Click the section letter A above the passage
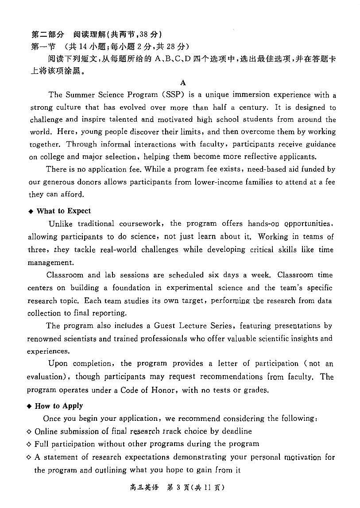click(x=183, y=83)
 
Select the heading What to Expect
click(x=64, y=211)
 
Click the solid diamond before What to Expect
click(x=31, y=212)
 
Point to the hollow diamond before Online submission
click(x=29, y=431)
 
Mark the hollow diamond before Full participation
click(x=29, y=444)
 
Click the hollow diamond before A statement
click(x=29, y=457)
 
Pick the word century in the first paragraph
click(x=253, y=107)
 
